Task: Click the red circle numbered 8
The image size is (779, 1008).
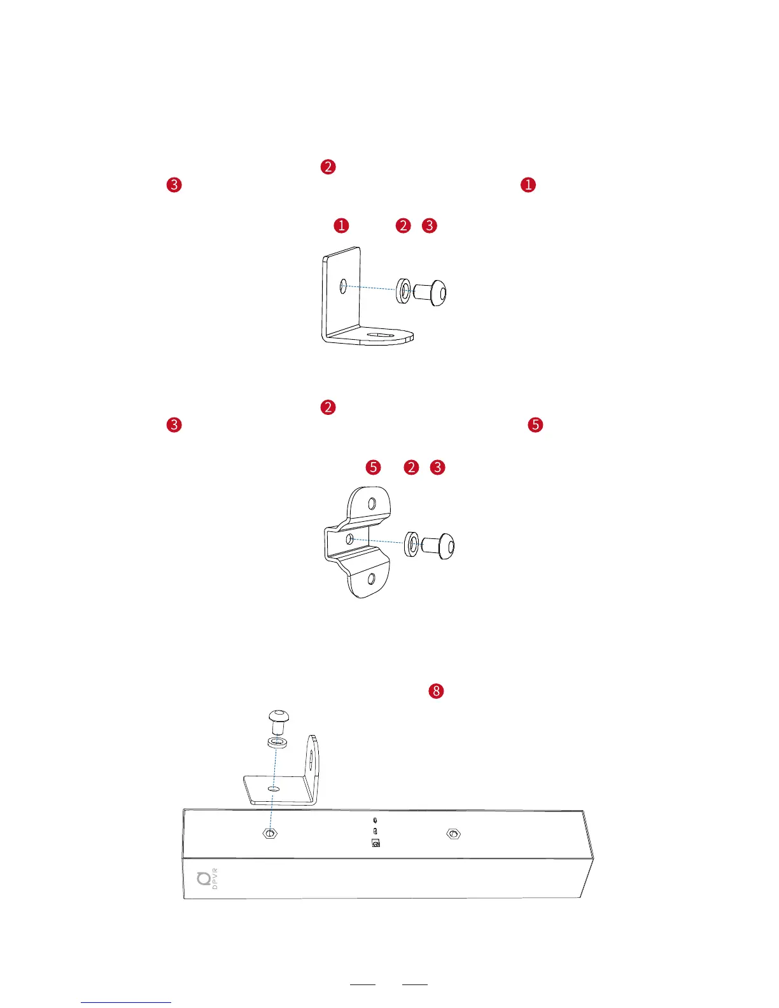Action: pyautogui.click(x=436, y=691)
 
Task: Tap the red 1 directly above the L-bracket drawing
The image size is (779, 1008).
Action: pyautogui.click(x=341, y=225)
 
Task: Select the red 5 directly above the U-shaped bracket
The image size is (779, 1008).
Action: pyautogui.click(x=373, y=467)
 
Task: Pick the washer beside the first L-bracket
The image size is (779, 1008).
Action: pyautogui.click(x=403, y=290)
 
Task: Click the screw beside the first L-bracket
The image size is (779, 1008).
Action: pyautogui.click(x=430, y=293)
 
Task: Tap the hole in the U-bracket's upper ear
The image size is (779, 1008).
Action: pyautogui.click(x=372, y=504)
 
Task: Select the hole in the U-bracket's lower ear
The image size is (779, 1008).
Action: pyautogui.click(x=372, y=578)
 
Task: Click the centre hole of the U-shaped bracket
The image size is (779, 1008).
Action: pyautogui.click(x=349, y=539)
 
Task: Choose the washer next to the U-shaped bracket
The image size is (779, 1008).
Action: pyautogui.click(x=412, y=544)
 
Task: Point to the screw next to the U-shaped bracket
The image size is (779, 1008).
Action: pyautogui.click(x=439, y=545)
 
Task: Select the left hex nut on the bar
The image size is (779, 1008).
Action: pyautogui.click(x=270, y=833)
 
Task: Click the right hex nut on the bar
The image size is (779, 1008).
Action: pyautogui.click(x=453, y=834)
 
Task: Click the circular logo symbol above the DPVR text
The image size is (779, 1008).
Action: pyautogui.click(x=204, y=879)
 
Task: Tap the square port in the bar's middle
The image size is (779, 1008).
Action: pyautogui.click(x=375, y=844)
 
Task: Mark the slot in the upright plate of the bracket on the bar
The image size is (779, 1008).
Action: pyautogui.click(x=311, y=760)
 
